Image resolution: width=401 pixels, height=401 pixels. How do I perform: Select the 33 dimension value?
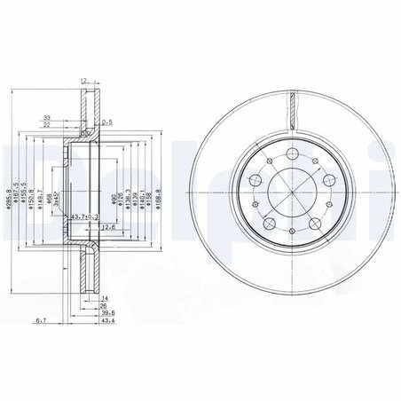[x=46, y=116]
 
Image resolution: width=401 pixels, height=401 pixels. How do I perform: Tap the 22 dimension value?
[x=46, y=126]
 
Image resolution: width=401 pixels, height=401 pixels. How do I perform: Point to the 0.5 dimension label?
[x=106, y=122]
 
